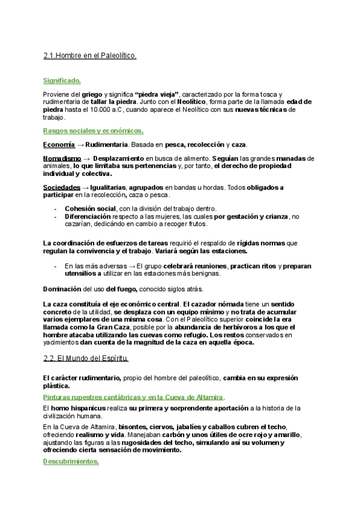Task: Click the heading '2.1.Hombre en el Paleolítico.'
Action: click(90, 56)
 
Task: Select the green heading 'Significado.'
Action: click(62, 80)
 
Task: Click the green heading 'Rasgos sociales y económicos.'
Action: click(93, 130)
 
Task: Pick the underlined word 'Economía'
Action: click(59, 145)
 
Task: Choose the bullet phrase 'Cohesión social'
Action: click(91, 208)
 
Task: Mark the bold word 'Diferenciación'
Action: click(88, 216)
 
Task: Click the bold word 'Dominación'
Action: click(62, 288)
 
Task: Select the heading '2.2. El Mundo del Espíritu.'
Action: click(86, 358)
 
